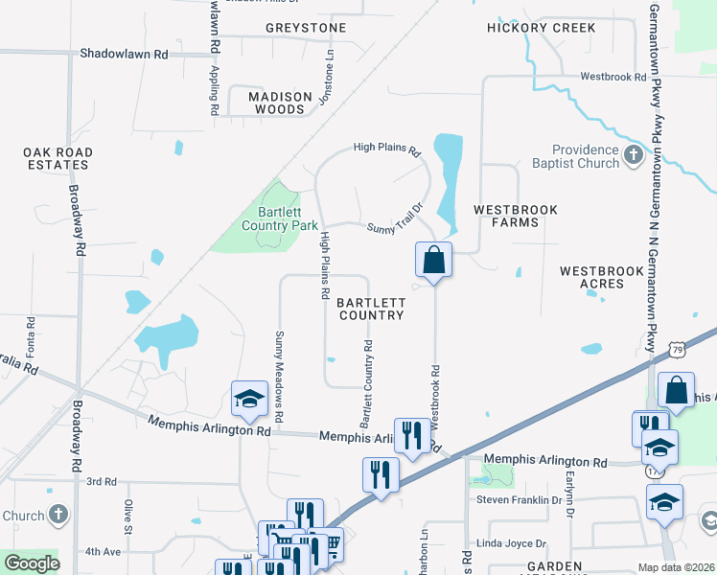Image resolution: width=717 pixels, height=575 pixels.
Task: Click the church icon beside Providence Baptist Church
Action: [633, 155]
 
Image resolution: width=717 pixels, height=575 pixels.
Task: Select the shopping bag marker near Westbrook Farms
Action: [433, 259]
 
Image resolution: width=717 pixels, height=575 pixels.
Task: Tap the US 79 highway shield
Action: [677, 351]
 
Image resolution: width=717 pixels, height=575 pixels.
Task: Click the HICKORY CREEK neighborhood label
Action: [541, 28]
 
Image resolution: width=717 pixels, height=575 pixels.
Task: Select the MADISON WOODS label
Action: [280, 103]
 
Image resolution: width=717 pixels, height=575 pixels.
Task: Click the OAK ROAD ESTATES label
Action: [58, 158]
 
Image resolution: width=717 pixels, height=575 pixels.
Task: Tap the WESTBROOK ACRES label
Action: [602, 277]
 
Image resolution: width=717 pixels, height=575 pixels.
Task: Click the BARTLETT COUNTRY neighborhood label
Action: [371, 309]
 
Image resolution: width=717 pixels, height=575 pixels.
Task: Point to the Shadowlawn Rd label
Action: [124, 55]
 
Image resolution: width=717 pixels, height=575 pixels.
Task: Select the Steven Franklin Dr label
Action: [519, 500]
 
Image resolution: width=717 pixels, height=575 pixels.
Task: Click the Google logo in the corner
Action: [32, 563]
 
